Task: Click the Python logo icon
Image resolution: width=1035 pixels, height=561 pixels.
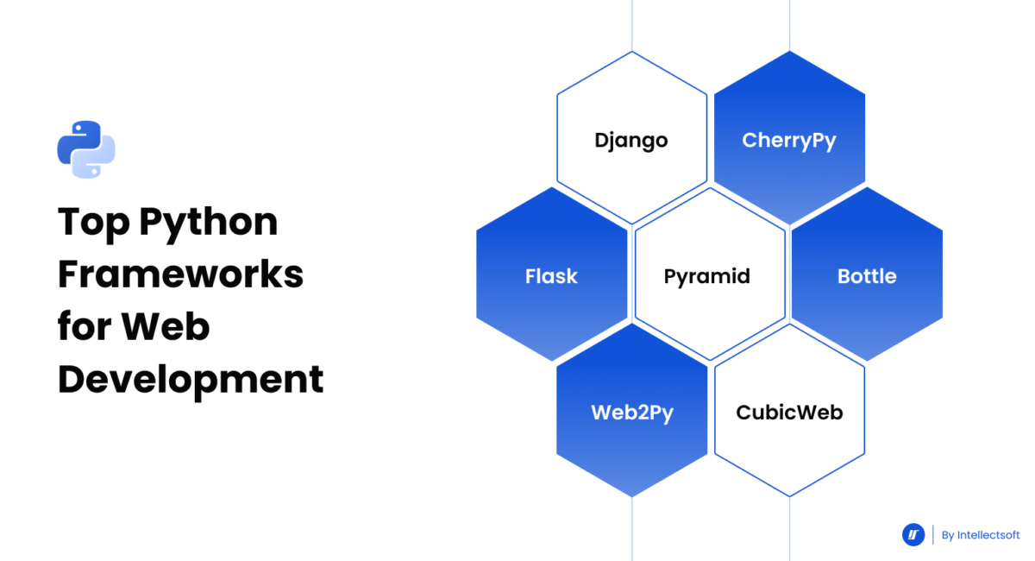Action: coord(86,149)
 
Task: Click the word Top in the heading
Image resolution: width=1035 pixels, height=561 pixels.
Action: coord(92,224)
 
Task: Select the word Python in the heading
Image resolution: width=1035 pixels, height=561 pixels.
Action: coord(209,224)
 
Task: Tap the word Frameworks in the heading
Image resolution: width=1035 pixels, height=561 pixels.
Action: coord(180,275)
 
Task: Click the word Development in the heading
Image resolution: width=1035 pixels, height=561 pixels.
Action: coord(191,380)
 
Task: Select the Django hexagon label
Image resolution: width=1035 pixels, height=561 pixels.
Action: coord(631,140)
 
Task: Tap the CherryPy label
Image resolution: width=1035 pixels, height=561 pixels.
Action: coord(789,140)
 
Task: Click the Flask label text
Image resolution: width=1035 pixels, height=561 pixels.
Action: coord(551,276)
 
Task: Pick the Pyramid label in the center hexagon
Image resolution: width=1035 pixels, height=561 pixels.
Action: coord(707,276)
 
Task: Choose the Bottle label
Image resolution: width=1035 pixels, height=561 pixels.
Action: coord(867,276)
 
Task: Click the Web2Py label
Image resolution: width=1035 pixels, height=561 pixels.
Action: coord(632,413)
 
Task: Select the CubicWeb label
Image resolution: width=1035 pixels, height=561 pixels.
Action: coord(789,413)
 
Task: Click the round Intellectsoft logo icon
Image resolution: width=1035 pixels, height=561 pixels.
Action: coord(913,535)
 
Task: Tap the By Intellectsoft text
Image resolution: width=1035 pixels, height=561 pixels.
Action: coord(981,535)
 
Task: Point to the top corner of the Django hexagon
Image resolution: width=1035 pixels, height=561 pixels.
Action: coord(632,52)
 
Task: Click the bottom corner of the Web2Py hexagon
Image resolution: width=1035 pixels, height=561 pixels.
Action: coord(632,497)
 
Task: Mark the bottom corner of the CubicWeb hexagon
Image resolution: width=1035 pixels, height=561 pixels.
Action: coord(790,497)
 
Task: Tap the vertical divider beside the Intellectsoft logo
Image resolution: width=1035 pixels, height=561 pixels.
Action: coord(933,535)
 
